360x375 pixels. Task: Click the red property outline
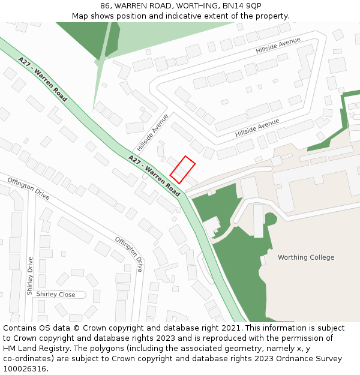click(x=182, y=170)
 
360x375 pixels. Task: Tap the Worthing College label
click(x=306, y=257)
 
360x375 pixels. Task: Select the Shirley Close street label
click(x=56, y=295)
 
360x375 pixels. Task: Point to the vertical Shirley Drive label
click(x=29, y=275)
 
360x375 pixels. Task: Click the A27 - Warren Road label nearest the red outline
click(x=154, y=176)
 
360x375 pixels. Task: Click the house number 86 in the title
click(x=105, y=5)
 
